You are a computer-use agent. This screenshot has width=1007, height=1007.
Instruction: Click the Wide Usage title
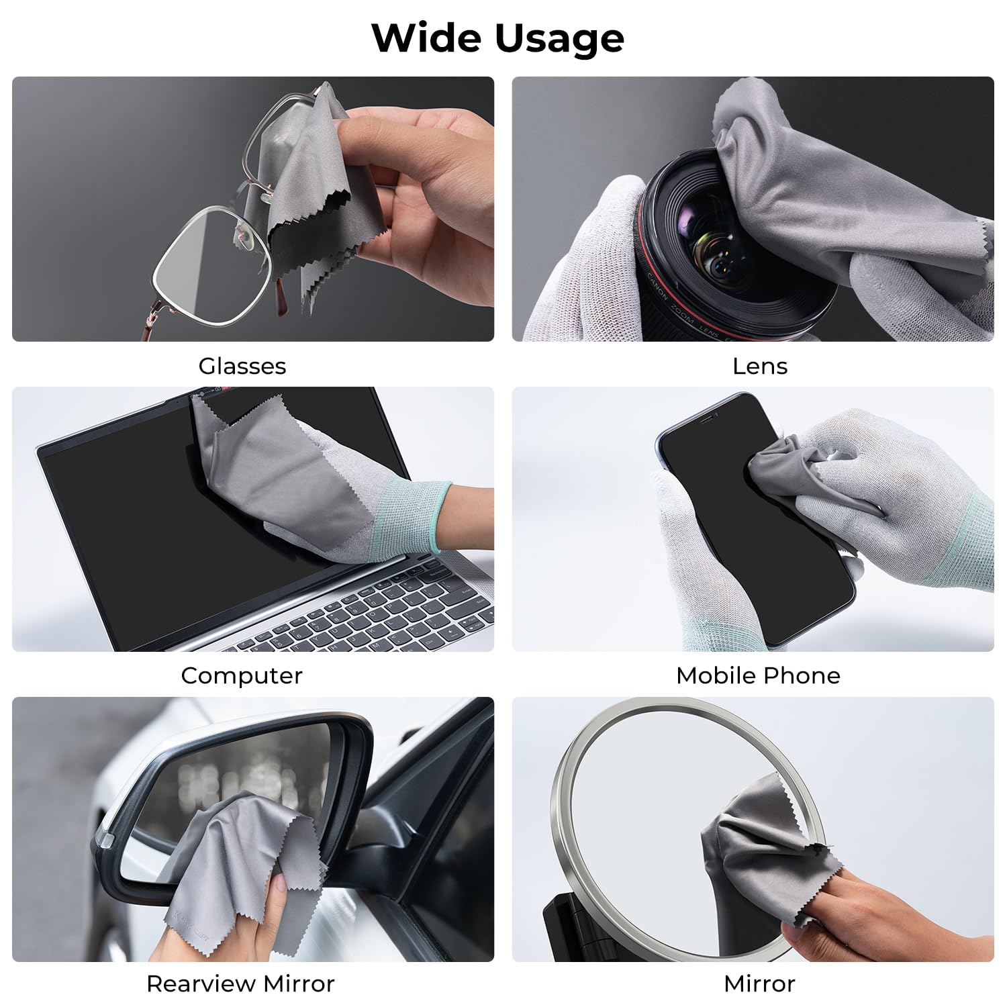tap(497, 38)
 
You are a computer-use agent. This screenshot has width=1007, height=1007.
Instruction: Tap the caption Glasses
tap(242, 366)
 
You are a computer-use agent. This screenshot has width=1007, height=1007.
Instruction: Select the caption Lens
tap(759, 366)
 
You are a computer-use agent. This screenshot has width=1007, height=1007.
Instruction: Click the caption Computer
tap(241, 675)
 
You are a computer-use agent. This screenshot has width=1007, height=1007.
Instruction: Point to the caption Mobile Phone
tap(758, 675)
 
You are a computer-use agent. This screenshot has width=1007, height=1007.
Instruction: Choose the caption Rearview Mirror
tap(240, 984)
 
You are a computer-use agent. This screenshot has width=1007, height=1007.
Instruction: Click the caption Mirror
tap(759, 984)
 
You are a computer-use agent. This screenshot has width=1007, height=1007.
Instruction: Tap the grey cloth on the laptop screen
tap(282, 470)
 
